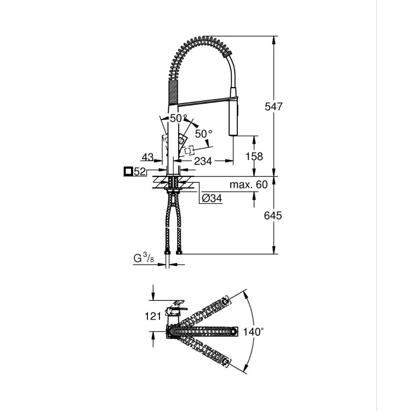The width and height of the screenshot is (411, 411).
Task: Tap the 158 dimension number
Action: (x=253, y=156)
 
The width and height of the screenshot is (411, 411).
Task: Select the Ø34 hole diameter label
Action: (x=210, y=198)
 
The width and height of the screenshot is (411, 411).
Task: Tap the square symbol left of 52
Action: (x=128, y=172)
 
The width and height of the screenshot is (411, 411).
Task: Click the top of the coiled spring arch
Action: (x=200, y=39)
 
